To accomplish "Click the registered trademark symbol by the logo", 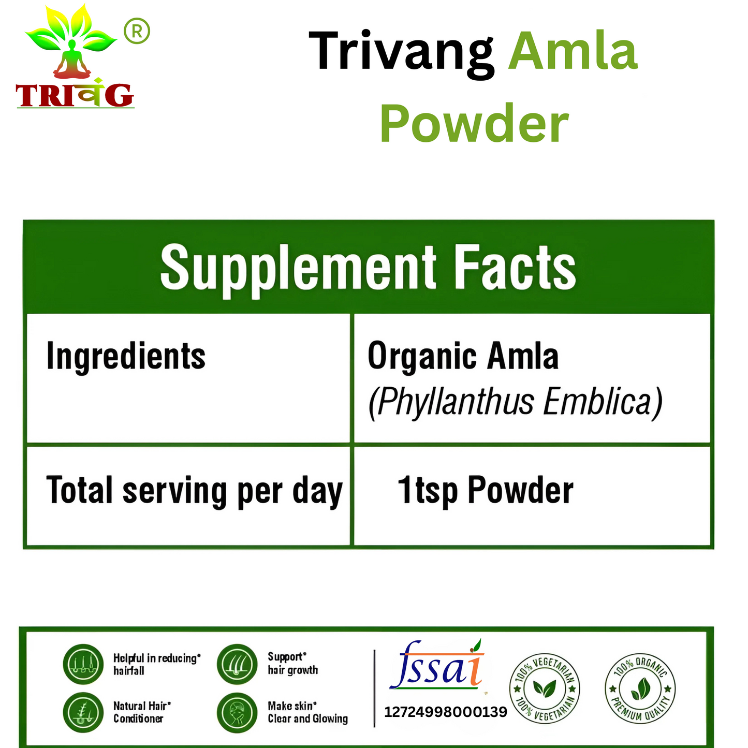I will click(x=137, y=32).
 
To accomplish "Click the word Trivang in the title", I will click(x=401, y=52).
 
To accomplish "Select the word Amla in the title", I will click(x=573, y=52).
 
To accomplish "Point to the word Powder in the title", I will click(x=474, y=124).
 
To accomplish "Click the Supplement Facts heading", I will click(x=368, y=268).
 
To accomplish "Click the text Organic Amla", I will click(x=463, y=357).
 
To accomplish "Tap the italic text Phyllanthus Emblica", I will click(x=515, y=402).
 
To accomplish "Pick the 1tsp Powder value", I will click(x=485, y=490).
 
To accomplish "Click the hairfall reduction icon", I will click(x=83, y=664).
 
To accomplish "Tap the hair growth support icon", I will click(x=237, y=664).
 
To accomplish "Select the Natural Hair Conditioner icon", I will click(x=83, y=712).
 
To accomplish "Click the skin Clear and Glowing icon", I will click(x=237, y=712).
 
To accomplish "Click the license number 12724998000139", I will click(x=445, y=712).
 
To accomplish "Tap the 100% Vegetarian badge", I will click(x=545, y=688).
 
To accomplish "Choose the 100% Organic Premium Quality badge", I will click(x=640, y=688).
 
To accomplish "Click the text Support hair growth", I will click(x=292, y=664).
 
